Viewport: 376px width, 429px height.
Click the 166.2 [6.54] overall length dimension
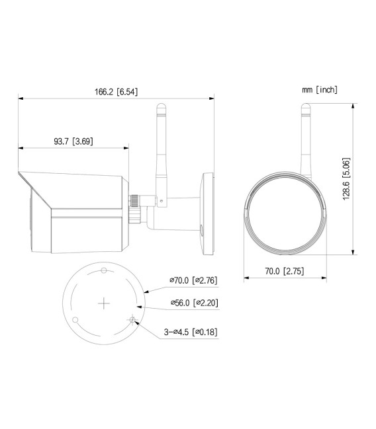tap(116, 91)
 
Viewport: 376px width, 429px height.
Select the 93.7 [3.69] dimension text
tap(73, 141)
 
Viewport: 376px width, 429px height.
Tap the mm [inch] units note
tap(319, 89)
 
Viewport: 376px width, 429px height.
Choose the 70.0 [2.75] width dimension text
tap(283, 270)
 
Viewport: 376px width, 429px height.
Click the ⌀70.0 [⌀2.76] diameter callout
tap(193, 280)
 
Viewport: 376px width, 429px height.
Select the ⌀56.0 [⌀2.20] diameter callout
tap(193, 303)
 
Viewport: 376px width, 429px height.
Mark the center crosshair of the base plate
tap(104, 303)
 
